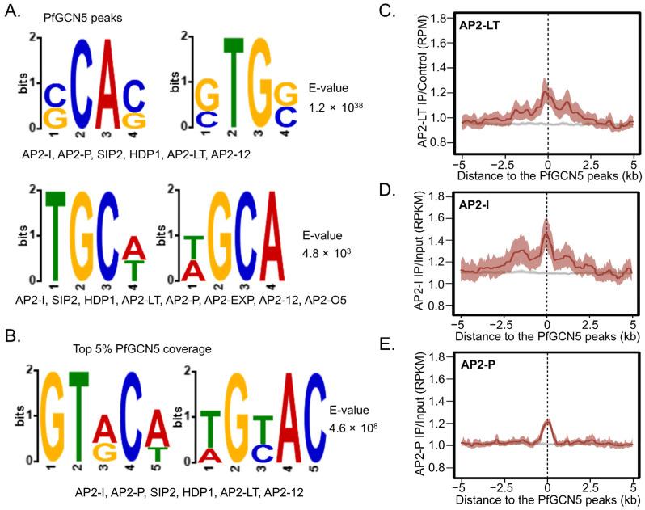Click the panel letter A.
point(11,12)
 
